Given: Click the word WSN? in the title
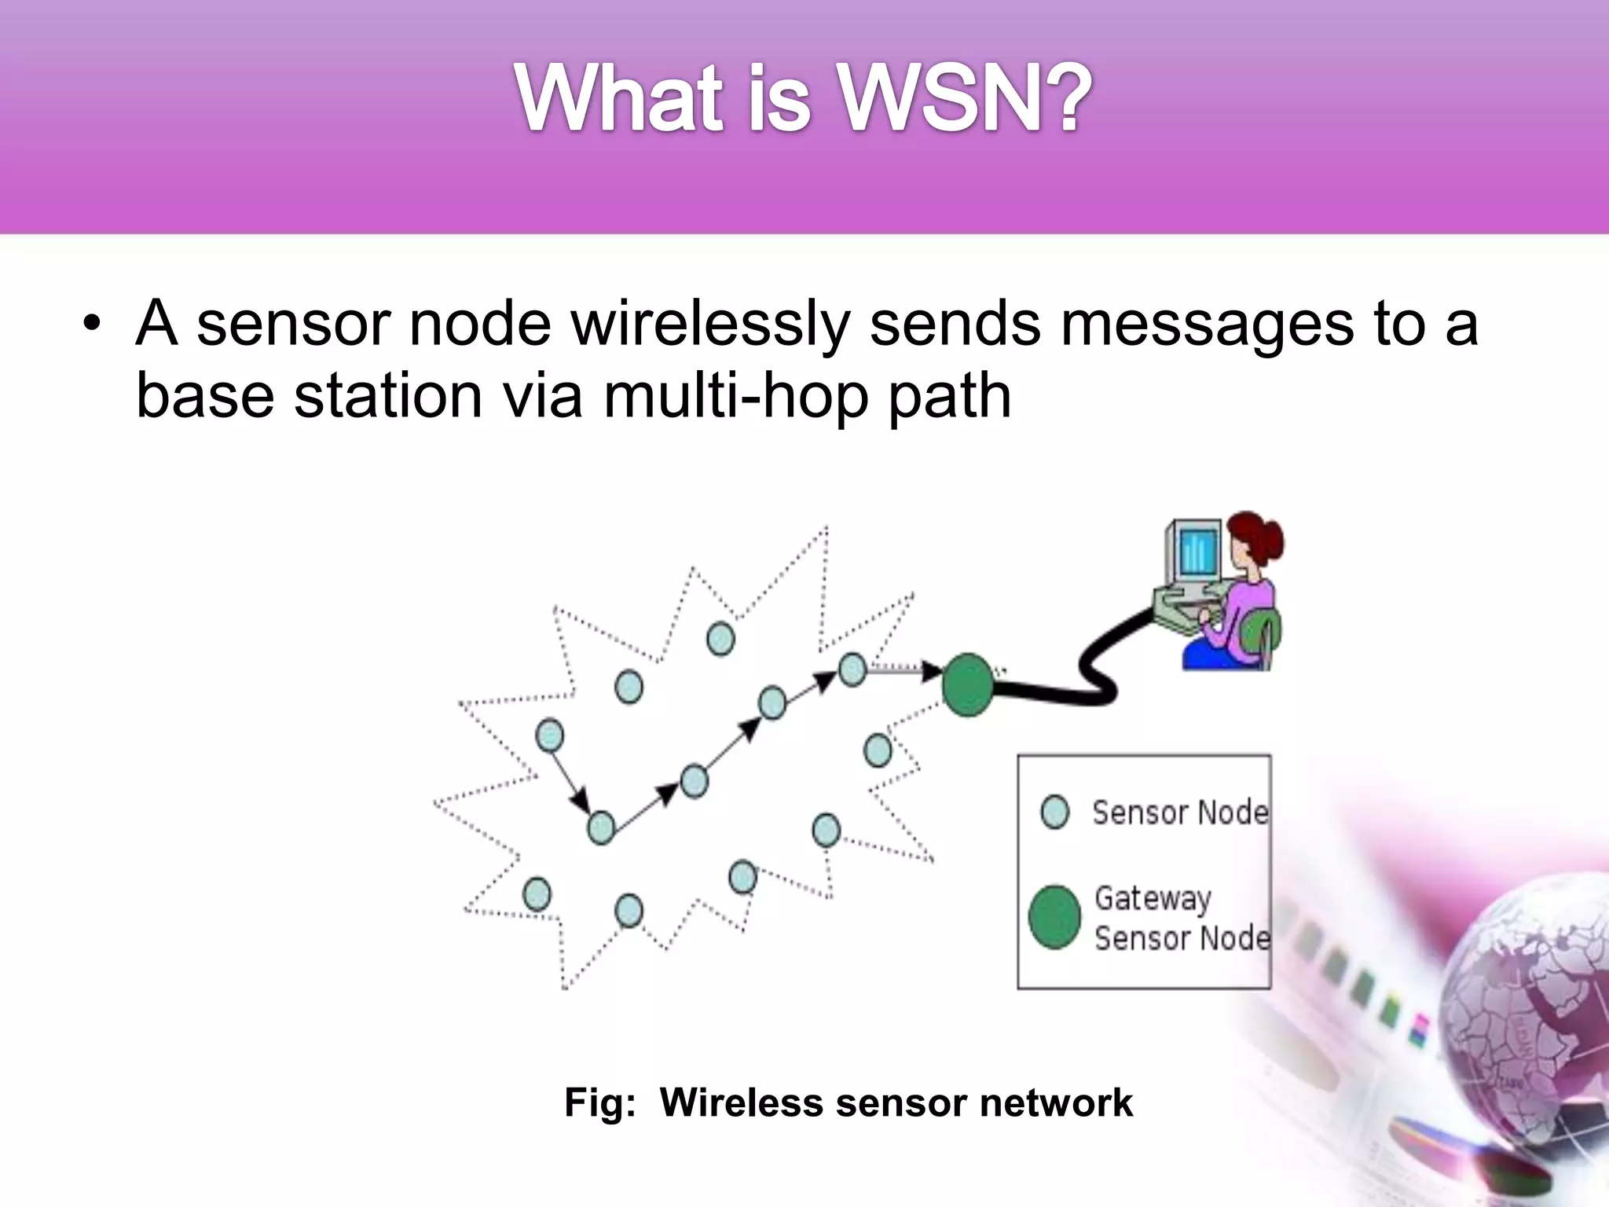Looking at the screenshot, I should (x=966, y=100).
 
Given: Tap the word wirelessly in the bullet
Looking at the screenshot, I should (x=711, y=323).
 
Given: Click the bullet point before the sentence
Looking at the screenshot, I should (x=93, y=325).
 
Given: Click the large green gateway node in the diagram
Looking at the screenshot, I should (x=967, y=685).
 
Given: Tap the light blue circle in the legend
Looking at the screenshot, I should (x=1054, y=812).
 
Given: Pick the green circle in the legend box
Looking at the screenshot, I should (x=1054, y=917).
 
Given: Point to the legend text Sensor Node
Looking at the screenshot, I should (x=1180, y=812).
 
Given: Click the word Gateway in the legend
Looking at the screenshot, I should (x=1153, y=898).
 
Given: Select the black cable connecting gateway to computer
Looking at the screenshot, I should (x=1092, y=676).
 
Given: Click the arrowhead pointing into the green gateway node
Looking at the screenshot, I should (x=932, y=672).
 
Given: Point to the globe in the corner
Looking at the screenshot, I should (x=1532, y=1014).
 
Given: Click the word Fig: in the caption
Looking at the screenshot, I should (x=599, y=1102).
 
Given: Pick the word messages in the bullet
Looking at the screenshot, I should (x=1207, y=323).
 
